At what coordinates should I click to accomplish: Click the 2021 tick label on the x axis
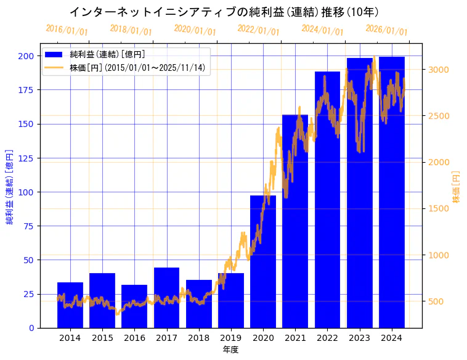tap(295, 338)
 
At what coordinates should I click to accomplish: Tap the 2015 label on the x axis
tap(102, 338)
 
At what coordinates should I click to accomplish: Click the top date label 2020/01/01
tap(195, 30)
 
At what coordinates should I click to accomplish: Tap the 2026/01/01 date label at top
tap(386, 30)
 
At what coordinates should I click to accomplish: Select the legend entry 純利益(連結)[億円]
tap(108, 55)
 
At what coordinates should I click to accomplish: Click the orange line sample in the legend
tap(55, 67)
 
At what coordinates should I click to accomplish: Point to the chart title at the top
tap(224, 12)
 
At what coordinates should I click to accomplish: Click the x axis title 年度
tap(230, 350)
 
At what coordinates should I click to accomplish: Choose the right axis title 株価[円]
tap(457, 187)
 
